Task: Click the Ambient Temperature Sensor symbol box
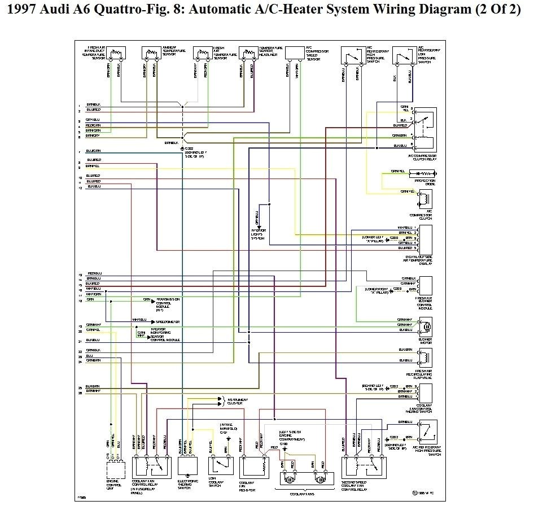point(150,53)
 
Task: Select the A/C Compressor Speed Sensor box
point(295,53)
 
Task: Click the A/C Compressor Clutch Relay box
point(425,129)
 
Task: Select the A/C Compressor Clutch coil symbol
point(425,199)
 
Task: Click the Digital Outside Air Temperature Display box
point(426,239)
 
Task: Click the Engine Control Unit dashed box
point(117,469)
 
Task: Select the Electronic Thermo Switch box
point(188,465)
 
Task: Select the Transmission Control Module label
point(168,304)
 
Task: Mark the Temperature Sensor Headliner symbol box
point(248,53)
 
